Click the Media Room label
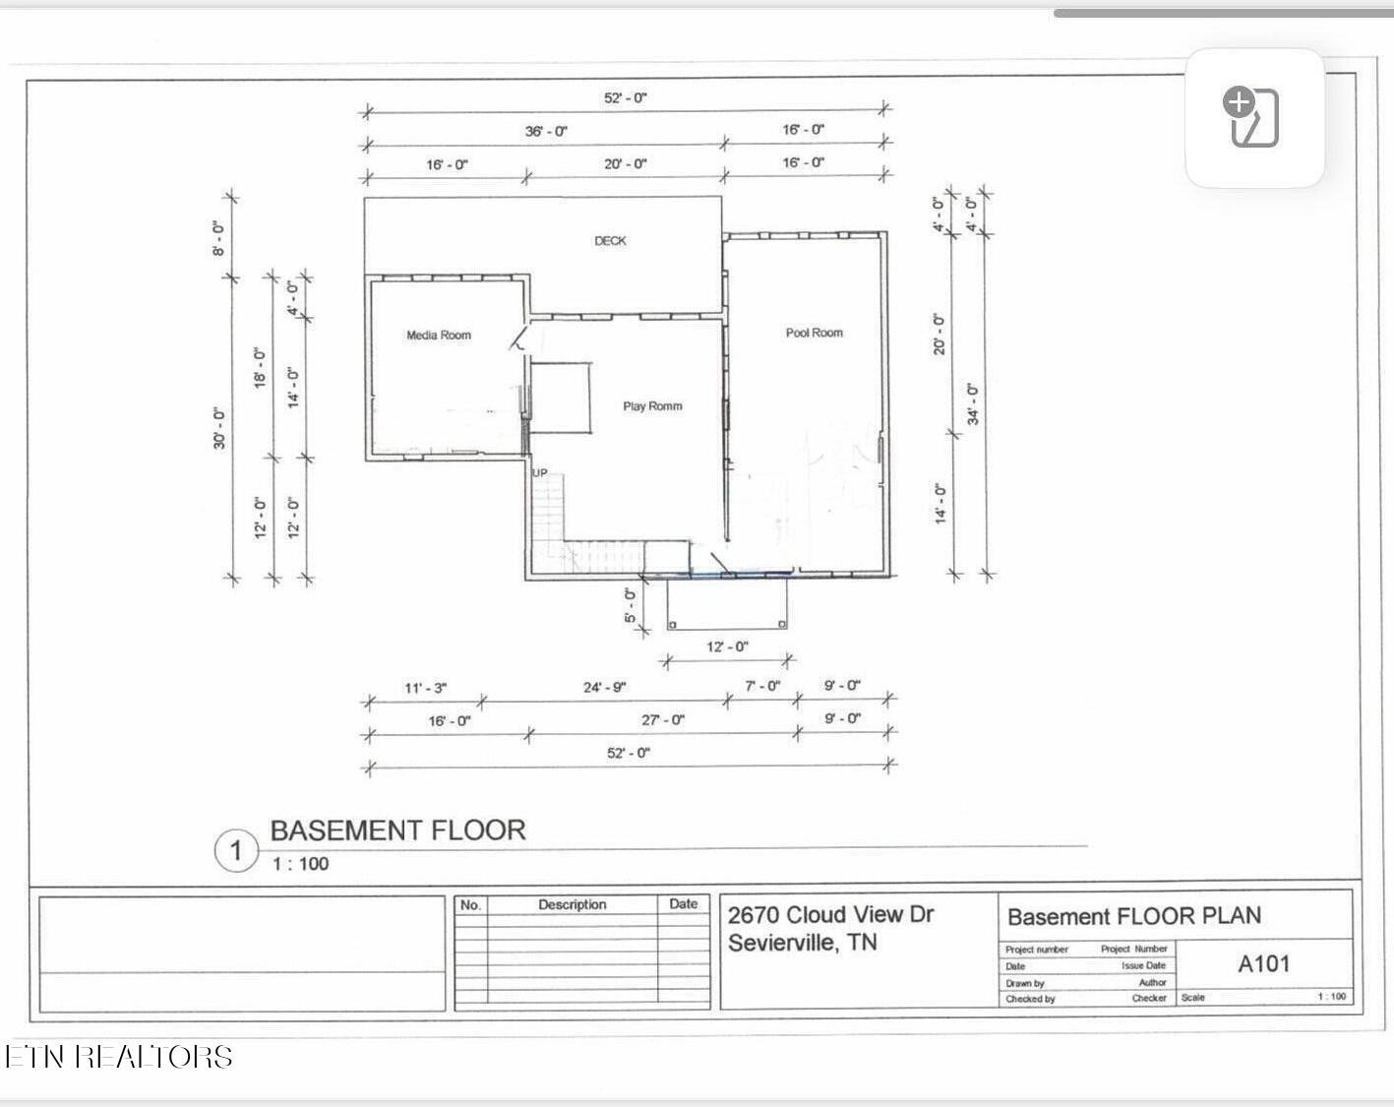(439, 336)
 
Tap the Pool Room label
(814, 333)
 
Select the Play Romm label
(652, 405)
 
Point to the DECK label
(610, 240)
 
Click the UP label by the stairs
(540, 473)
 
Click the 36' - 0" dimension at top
(546, 131)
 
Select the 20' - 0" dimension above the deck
(626, 163)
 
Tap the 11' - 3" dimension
(425, 688)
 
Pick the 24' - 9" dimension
(604, 687)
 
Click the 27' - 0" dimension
(663, 720)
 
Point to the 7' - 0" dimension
(761, 686)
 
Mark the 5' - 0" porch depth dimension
(630, 605)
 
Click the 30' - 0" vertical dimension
(219, 429)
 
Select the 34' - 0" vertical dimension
(973, 403)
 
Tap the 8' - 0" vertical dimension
(218, 237)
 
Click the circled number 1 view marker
(236, 850)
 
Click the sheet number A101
(1263, 964)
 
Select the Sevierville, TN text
(802, 943)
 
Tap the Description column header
(572, 904)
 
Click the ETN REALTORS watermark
(119, 1057)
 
